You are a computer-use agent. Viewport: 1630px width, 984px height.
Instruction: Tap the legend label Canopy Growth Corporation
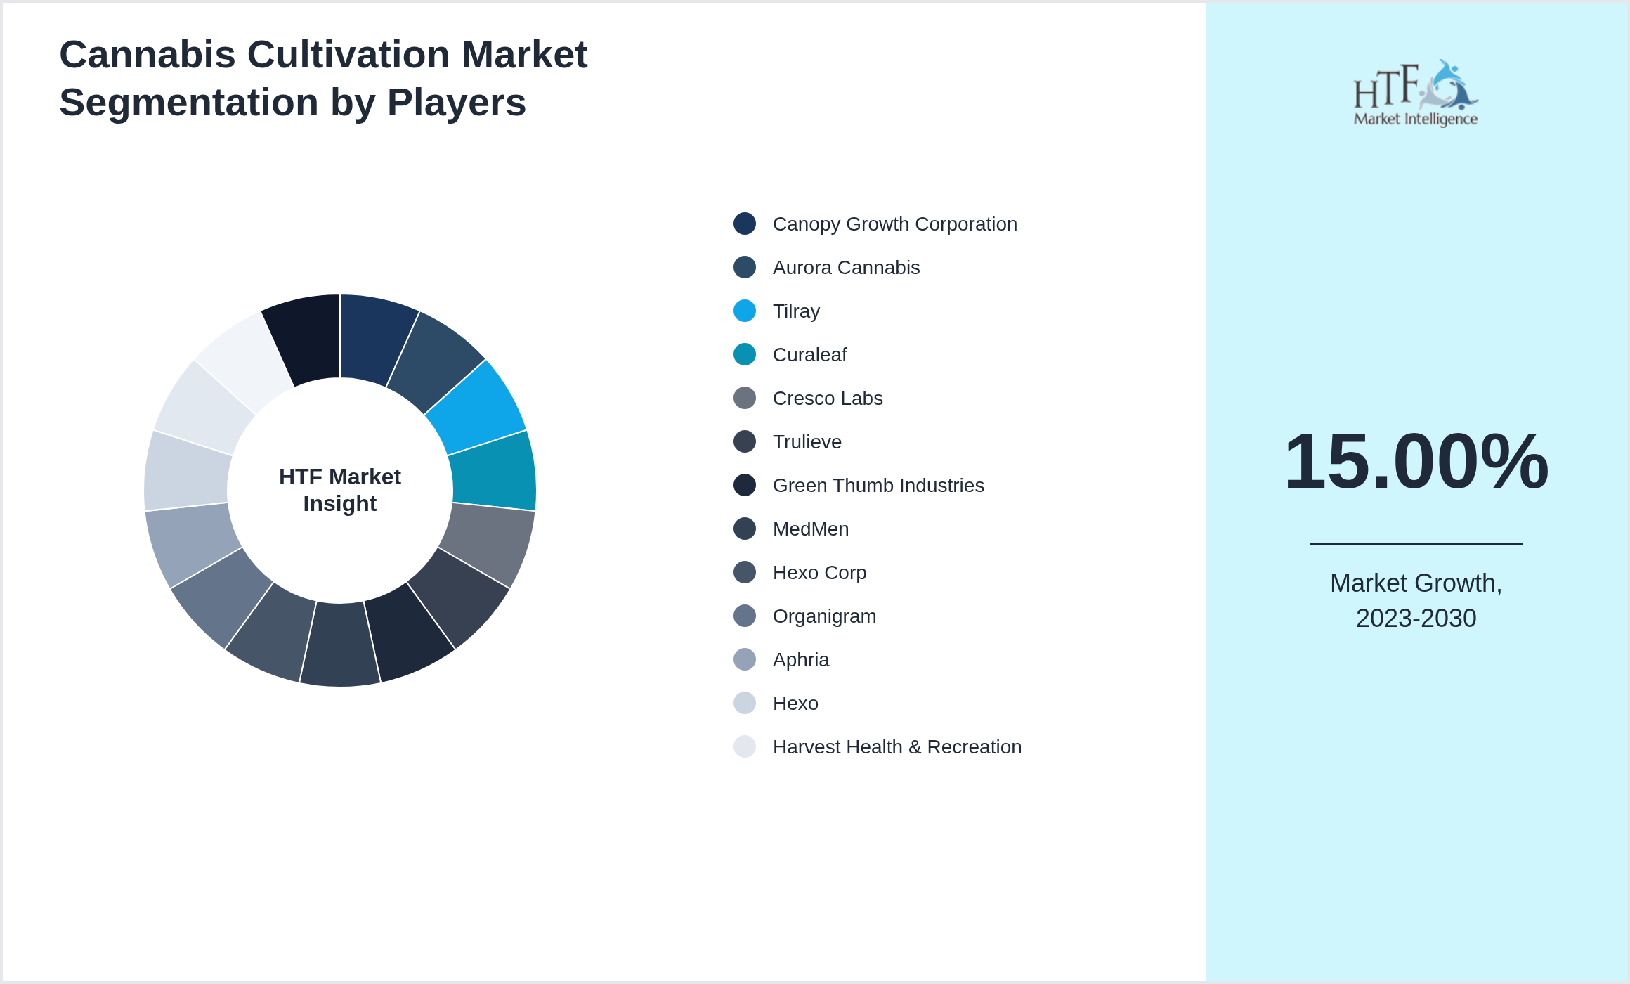point(894,224)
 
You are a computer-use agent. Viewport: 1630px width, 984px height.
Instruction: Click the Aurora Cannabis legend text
point(846,268)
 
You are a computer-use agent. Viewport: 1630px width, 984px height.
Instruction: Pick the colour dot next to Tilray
point(745,311)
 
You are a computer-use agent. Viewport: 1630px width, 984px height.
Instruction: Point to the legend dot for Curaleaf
point(745,354)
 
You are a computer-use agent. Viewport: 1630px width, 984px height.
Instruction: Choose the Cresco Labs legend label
point(828,399)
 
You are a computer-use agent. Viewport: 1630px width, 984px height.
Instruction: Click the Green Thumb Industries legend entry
point(878,486)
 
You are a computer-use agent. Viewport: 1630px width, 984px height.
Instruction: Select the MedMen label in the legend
point(811,529)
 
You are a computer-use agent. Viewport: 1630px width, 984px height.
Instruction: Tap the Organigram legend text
point(824,616)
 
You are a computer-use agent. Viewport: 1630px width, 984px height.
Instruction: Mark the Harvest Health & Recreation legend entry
point(896,747)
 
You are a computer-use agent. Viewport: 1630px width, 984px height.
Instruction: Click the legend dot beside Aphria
point(745,659)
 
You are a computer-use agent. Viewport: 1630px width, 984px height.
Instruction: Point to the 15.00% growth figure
point(1416,462)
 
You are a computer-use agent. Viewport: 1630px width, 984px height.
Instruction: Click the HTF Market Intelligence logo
point(1416,93)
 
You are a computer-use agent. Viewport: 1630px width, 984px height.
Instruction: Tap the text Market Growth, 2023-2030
point(1416,600)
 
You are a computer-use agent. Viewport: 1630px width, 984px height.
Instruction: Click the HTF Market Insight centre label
point(340,490)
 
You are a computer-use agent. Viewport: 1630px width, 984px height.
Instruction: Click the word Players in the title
point(456,103)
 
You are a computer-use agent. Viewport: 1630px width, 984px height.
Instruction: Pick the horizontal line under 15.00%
point(1416,543)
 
